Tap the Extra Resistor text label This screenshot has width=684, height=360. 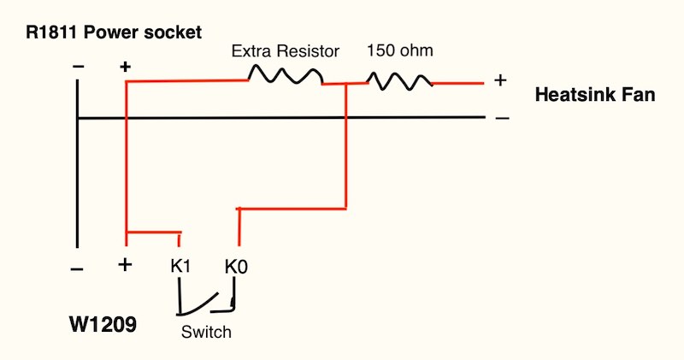click(x=286, y=51)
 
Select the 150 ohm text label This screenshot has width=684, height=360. click(x=400, y=50)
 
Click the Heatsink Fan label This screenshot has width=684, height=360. click(x=594, y=95)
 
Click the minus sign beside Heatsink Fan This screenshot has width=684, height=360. click(x=502, y=117)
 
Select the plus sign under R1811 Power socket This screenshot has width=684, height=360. click(x=125, y=66)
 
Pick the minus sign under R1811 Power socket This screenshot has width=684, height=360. click(x=78, y=66)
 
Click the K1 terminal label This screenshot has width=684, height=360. click(x=180, y=266)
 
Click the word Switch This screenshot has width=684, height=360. click(x=206, y=331)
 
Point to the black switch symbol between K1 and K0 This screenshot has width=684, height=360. click(x=206, y=304)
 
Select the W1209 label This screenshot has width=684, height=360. click(x=102, y=325)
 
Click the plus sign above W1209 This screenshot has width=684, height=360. click(x=125, y=265)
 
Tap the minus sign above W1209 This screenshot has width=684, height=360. click(x=78, y=269)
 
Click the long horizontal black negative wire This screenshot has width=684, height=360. click(x=282, y=117)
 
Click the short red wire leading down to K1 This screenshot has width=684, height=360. click(x=154, y=232)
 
